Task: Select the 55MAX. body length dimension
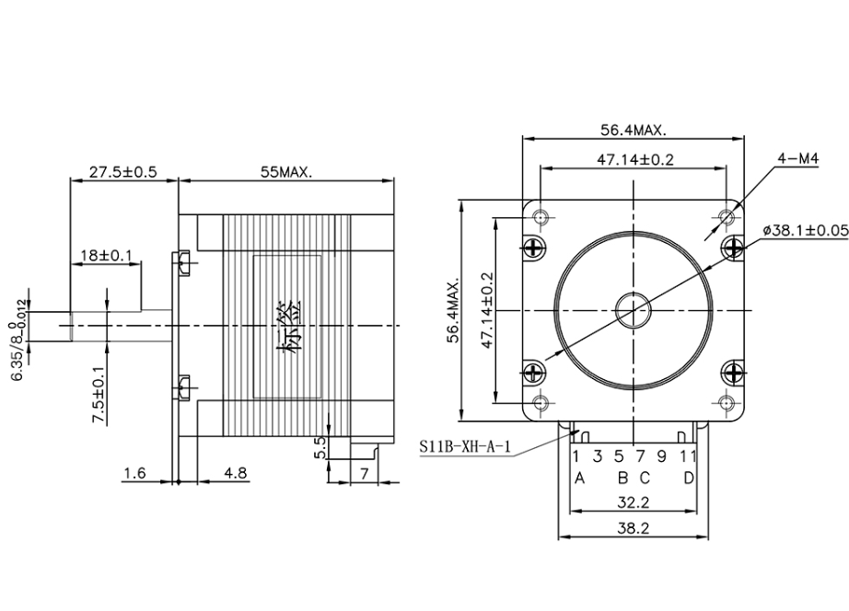tap(285, 171)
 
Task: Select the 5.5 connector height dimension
tap(320, 447)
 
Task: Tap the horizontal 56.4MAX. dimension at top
tap(634, 130)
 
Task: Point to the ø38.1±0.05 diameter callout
tap(805, 230)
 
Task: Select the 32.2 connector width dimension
tap(634, 502)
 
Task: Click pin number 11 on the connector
tap(687, 455)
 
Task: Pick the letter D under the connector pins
tap(688, 478)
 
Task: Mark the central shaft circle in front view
tap(634, 308)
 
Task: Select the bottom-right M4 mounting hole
tap(727, 402)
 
